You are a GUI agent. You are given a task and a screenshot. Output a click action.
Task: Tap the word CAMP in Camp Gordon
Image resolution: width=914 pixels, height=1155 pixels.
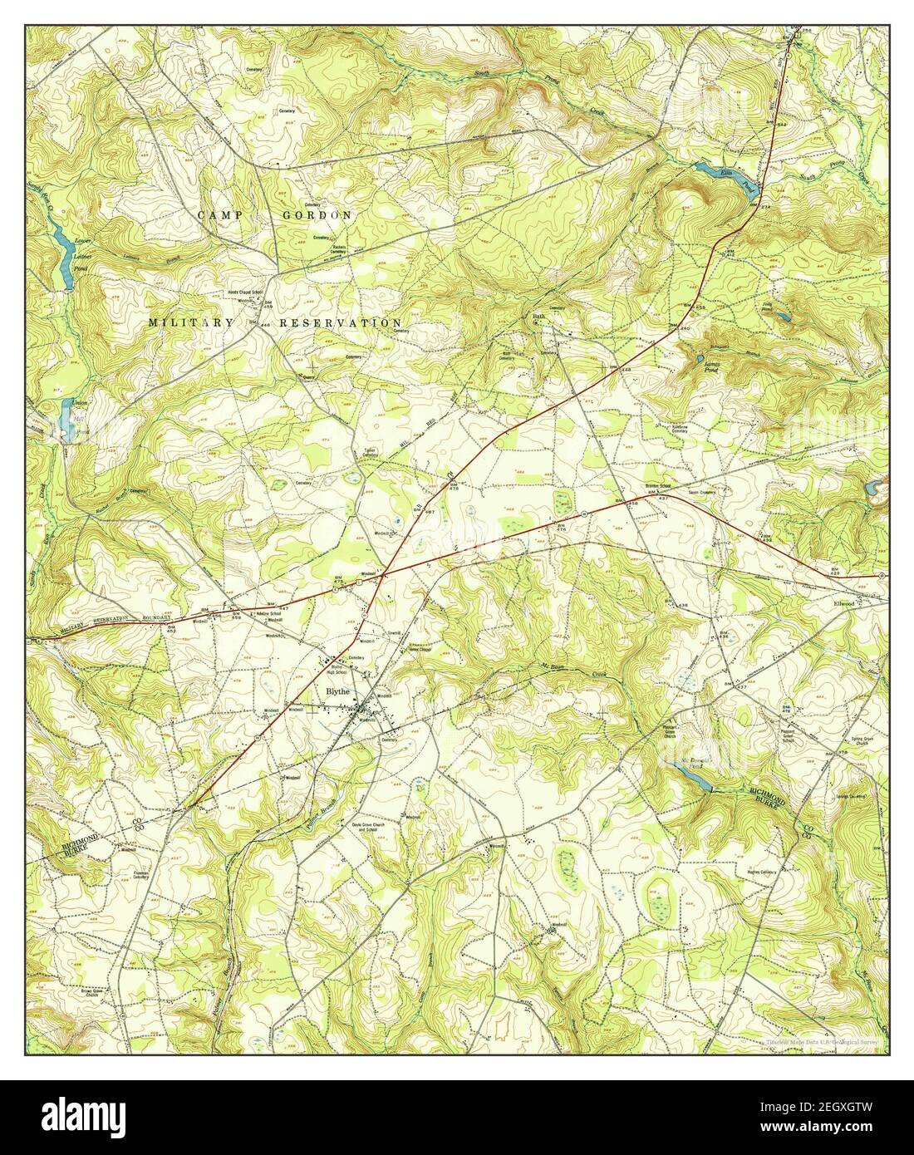pyautogui.click(x=221, y=214)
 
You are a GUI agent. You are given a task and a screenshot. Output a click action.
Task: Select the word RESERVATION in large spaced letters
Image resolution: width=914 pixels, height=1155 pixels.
pyautogui.click(x=341, y=322)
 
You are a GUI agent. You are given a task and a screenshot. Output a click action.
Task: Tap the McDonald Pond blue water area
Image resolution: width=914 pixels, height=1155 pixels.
pyautogui.click(x=693, y=776)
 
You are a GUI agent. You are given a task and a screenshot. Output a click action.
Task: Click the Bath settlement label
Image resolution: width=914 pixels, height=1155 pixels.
pyautogui.click(x=538, y=317)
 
